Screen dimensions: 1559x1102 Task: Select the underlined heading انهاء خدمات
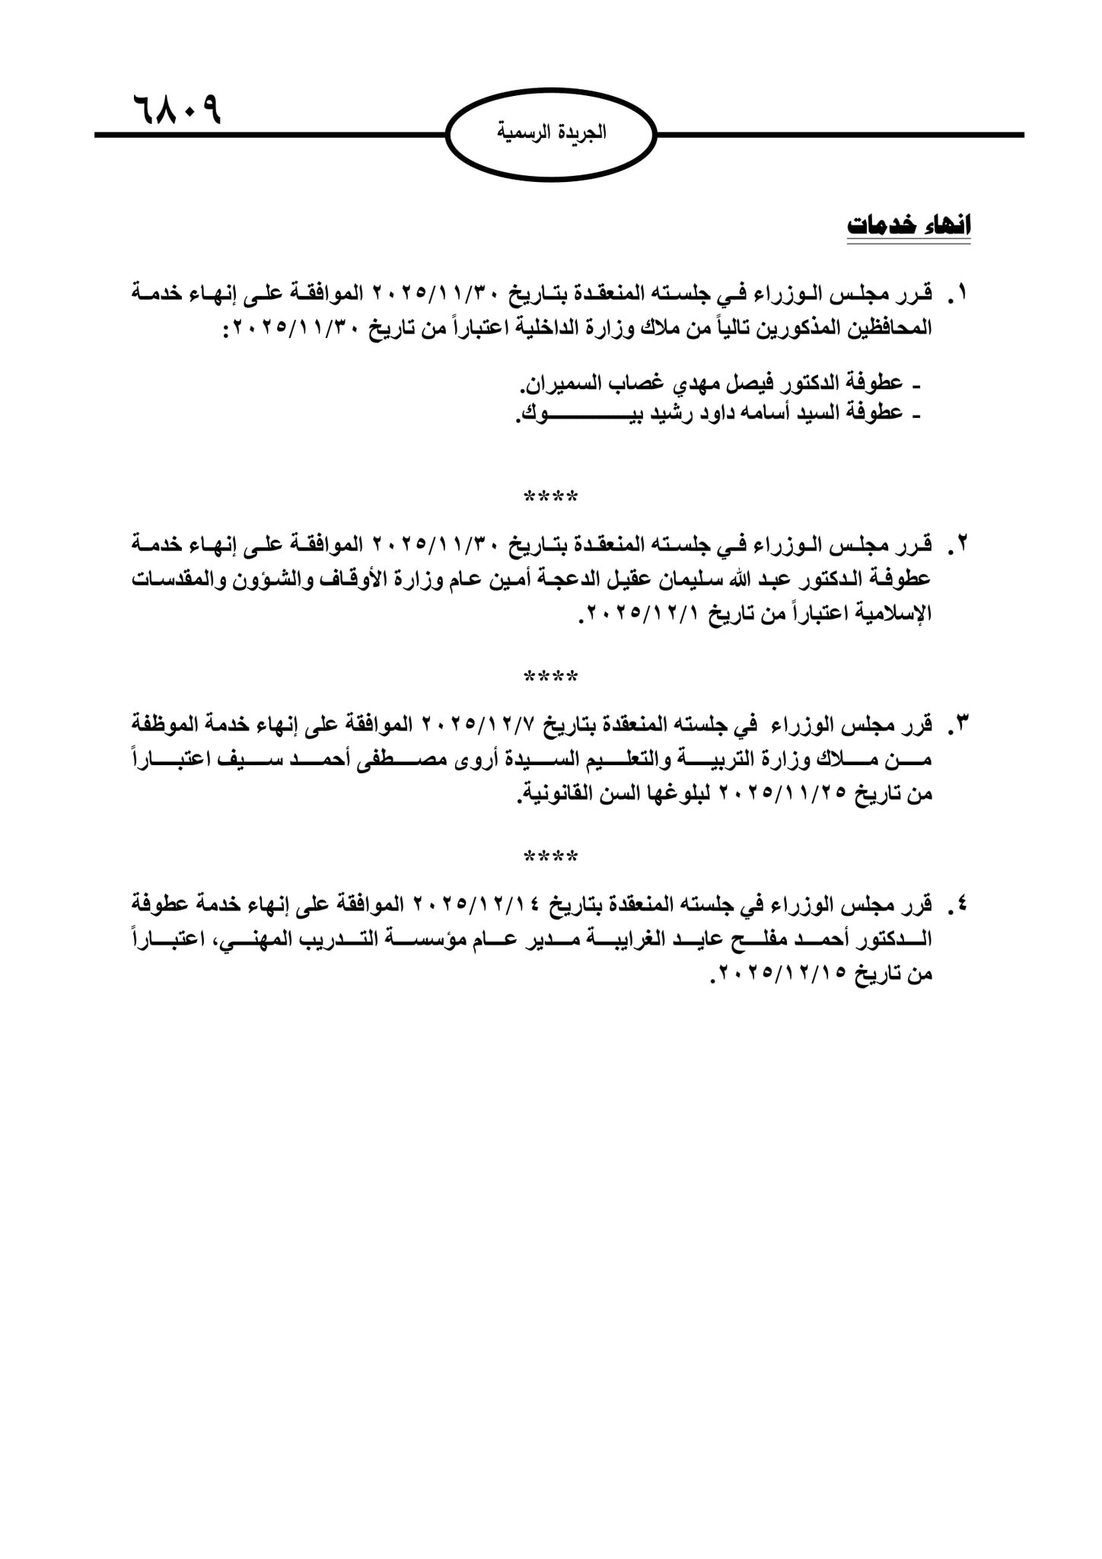click(909, 227)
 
